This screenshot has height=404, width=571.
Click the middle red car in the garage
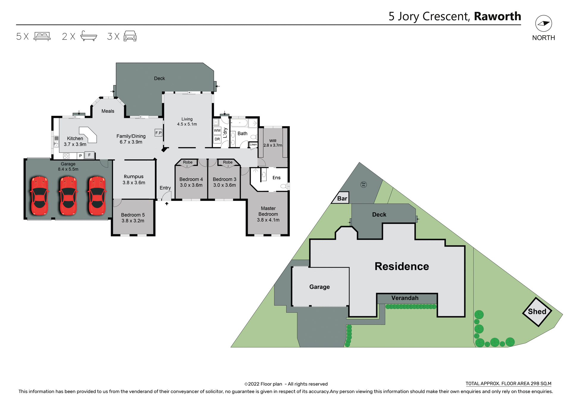click(68, 196)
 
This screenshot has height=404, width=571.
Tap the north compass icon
click(543, 24)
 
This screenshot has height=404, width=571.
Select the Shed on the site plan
click(537, 312)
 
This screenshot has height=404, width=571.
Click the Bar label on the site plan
click(342, 198)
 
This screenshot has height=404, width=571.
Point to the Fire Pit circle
click(363, 184)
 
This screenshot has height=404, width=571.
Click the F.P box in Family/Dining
click(159, 133)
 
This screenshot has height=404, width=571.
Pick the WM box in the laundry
click(217, 131)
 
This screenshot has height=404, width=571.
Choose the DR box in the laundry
click(217, 139)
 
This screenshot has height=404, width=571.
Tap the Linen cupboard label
click(253, 145)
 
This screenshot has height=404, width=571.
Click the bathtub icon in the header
click(89, 36)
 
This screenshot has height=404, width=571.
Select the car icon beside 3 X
click(130, 36)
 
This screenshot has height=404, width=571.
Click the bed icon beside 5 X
click(42, 36)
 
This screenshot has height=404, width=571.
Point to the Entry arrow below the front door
click(167, 204)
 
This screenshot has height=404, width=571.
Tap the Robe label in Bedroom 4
click(188, 162)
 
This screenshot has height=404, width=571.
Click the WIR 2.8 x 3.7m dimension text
click(273, 145)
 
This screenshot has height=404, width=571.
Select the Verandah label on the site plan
click(405, 298)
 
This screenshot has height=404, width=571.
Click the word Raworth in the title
click(497, 16)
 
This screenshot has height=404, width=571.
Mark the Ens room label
click(276, 178)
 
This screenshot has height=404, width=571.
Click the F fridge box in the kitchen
click(89, 155)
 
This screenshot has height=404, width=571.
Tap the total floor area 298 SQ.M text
click(508, 383)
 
